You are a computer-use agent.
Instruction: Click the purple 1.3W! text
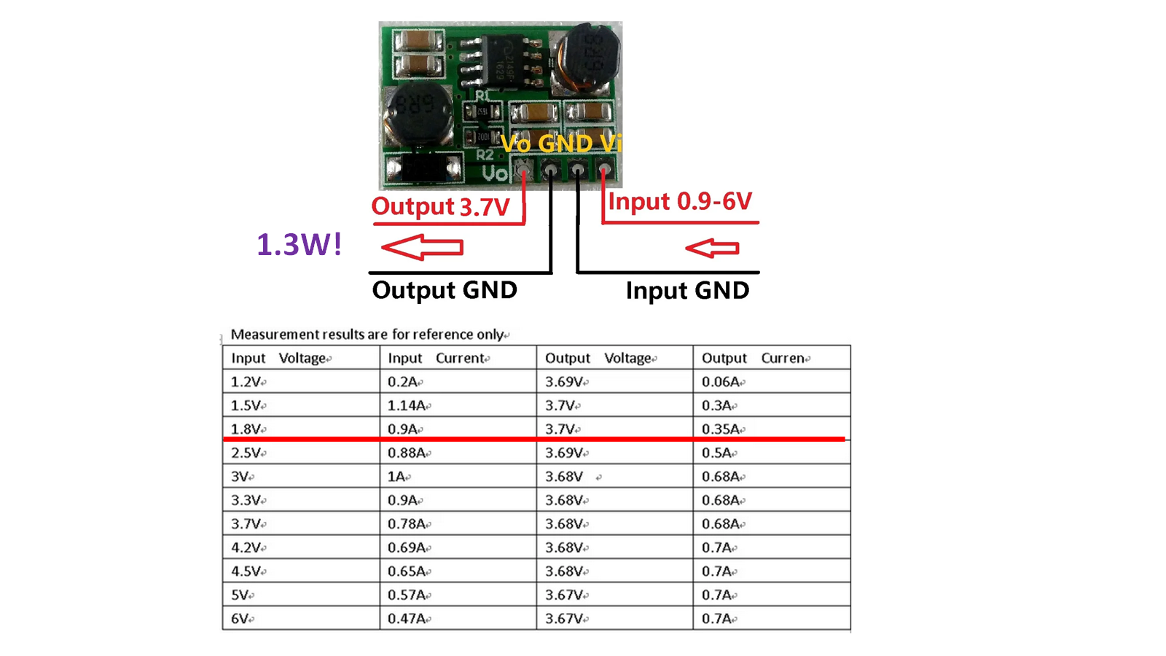[x=300, y=244]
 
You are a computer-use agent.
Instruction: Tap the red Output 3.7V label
[x=440, y=207]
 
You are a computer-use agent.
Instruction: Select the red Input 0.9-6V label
[x=680, y=201]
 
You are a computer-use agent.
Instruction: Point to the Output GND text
[x=445, y=289]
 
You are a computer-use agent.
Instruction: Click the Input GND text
[x=687, y=291]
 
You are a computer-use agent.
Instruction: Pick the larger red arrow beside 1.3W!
[x=422, y=247]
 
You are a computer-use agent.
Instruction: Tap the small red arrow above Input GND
[x=712, y=248]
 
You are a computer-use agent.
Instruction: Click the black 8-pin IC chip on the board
[x=503, y=59]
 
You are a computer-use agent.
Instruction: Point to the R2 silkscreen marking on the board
[x=485, y=155]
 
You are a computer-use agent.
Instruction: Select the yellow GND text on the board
[x=566, y=143]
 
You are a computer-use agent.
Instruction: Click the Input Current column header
[x=437, y=358]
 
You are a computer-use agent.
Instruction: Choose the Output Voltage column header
[x=598, y=358]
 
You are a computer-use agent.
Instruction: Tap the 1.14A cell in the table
[x=407, y=405]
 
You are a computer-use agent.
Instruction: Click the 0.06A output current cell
[x=721, y=382]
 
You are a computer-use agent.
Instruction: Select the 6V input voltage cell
[x=240, y=619]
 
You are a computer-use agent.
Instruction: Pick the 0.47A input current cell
[x=407, y=619]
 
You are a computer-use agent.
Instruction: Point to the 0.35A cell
[x=721, y=429]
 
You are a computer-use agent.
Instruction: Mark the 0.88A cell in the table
[x=407, y=453]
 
